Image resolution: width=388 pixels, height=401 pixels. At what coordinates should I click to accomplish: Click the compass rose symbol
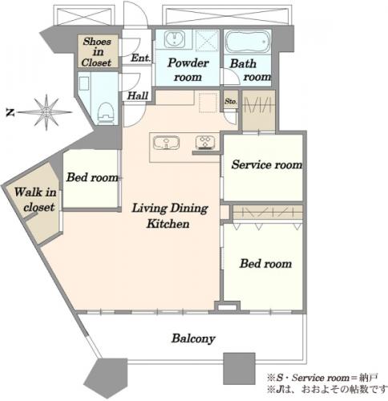pos(46,112)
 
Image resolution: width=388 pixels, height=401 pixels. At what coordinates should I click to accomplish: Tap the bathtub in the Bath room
pos(247,43)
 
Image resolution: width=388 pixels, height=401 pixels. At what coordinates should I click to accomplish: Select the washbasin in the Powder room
pos(174,39)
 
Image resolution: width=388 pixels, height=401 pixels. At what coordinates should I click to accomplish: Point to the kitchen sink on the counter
pos(166,142)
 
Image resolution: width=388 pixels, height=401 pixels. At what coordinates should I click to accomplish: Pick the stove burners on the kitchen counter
pos(205,142)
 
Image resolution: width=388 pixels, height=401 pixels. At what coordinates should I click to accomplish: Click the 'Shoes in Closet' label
pos(96,52)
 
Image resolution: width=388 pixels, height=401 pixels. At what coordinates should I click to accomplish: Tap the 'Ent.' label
pos(140,58)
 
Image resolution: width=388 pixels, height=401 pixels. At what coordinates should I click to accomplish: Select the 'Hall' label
pos(137,95)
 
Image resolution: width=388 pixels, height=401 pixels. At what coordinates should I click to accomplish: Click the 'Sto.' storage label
pos(230,101)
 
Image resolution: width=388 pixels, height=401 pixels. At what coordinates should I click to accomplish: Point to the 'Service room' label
pos(267,164)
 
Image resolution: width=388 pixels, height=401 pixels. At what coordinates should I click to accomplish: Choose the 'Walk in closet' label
pos(36,200)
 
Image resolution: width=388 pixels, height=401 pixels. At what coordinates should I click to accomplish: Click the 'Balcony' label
pos(193,338)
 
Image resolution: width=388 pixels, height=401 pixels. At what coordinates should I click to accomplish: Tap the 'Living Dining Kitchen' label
pos(170,216)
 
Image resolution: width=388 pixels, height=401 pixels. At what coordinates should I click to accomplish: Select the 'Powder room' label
pos(188,70)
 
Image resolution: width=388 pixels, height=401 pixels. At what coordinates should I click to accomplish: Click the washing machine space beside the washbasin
pos(207,40)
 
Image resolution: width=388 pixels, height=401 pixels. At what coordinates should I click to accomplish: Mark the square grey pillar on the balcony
pos(239,369)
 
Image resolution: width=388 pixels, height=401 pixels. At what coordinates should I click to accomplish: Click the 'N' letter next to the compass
pos(10,112)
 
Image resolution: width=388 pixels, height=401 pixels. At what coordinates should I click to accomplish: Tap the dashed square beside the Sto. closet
pos(208,103)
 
